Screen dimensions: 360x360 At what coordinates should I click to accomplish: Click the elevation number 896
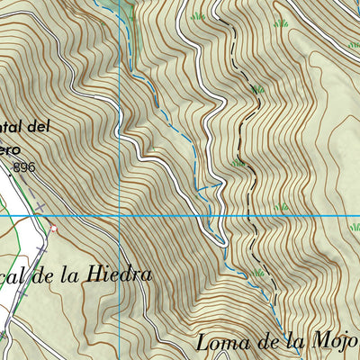(x=25, y=167)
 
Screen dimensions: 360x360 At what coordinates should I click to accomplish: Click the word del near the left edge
(x=38, y=128)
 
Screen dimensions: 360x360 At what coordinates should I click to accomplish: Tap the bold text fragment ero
(x=9, y=149)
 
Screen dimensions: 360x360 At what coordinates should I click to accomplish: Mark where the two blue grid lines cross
(x=121, y=216)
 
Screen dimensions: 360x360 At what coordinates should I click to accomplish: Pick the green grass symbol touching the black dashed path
(x=238, y=163)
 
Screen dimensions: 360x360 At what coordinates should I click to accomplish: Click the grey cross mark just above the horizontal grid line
(x=39, y=207)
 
